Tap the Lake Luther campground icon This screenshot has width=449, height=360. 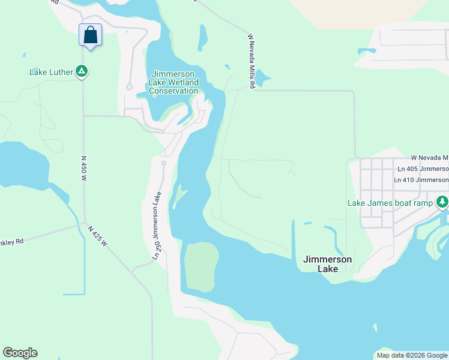coord(82,72)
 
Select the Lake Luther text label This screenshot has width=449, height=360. coord(51,73)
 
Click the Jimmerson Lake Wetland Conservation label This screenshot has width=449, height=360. coord(173,82)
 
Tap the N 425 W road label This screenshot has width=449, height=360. coord(97,235)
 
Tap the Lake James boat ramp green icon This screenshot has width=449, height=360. coord(442,202)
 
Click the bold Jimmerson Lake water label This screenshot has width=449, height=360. coord(328,264)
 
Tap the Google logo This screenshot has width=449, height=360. coord(20,353)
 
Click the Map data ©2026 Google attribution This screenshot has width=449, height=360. coord(412,355)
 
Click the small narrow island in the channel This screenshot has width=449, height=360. coord(179,197)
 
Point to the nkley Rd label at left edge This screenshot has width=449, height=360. coord(12,241)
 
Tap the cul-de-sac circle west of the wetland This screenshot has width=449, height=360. coord(129,88)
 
